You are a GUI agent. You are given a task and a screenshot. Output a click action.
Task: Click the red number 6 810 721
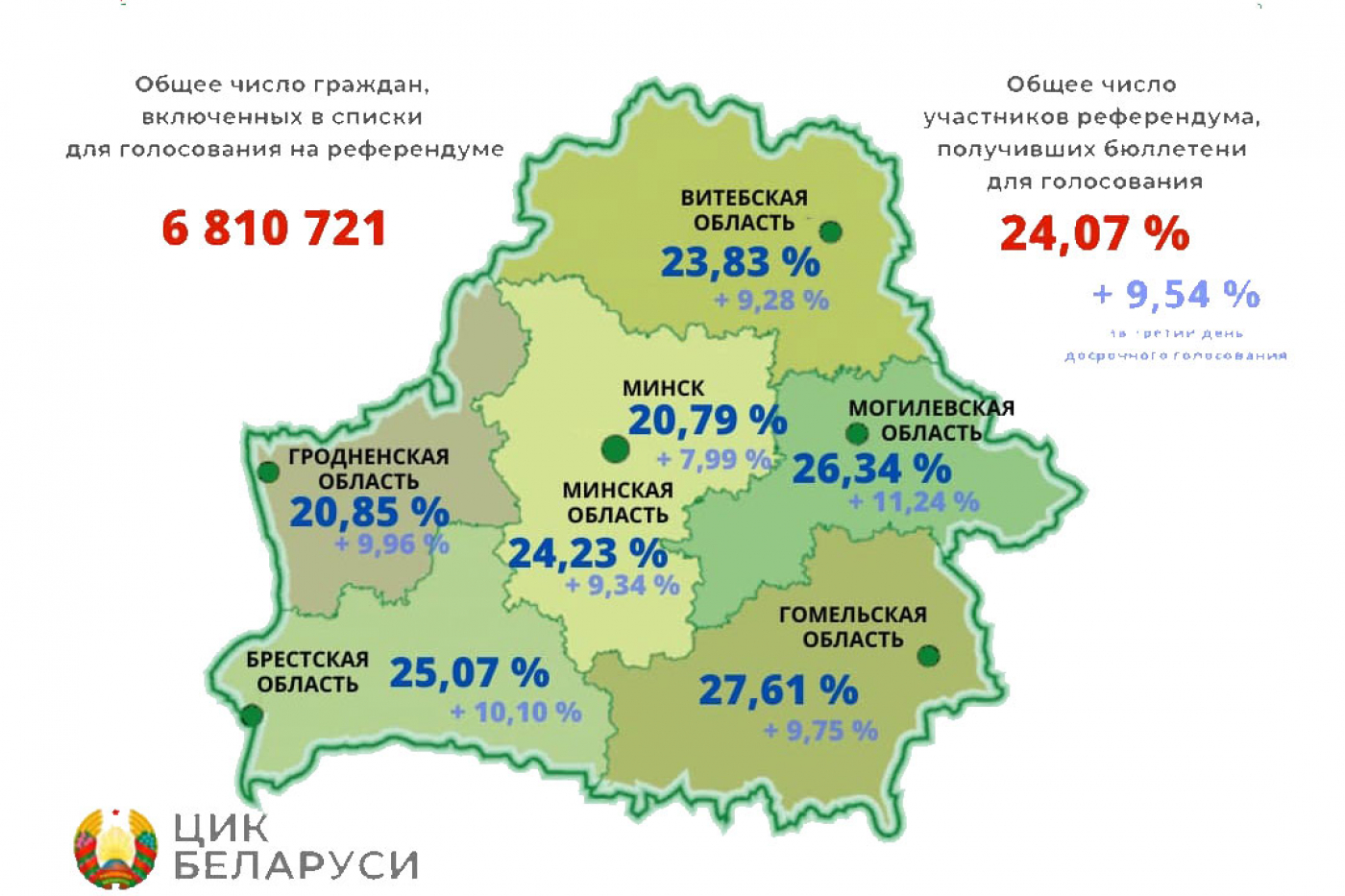[x=274, y=229]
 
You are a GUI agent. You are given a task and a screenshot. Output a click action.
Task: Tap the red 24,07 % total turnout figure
[x=1094, y=233]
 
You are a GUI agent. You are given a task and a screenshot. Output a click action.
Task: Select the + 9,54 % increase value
[x=1176, y=294]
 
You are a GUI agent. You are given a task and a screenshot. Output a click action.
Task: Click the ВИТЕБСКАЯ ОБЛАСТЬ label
[x=745, y=210]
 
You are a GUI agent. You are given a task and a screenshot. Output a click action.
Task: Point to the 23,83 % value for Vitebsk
[x=740, y=262]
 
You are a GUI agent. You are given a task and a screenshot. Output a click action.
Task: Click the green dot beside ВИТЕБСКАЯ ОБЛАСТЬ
[x=831, y=231]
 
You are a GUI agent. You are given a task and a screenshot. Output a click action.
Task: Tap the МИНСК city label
[x=663, y=388]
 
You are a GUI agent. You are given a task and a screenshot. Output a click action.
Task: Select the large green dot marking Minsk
[x=615, y=448]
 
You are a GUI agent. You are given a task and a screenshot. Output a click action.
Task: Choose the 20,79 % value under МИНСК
[x=707, y=421]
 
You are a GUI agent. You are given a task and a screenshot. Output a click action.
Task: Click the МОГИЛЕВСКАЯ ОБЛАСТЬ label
[x=931, y=421]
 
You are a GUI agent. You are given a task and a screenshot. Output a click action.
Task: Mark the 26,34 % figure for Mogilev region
[x=871, y=470]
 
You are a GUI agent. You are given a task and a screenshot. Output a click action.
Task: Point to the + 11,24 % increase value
[x=913, y=501]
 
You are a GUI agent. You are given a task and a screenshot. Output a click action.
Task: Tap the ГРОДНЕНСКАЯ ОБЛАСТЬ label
[x=369, y=469]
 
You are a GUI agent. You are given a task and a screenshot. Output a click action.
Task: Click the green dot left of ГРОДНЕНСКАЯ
[x=268, y=472]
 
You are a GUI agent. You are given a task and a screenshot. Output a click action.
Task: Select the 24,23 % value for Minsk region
[x=587, y=554]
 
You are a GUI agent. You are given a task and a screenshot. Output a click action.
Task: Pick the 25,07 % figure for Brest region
[x=469, y=673]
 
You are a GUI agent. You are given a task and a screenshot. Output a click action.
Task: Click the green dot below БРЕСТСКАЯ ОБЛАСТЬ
[x=253, y=715]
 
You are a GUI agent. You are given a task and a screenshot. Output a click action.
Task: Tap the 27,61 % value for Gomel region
[x=777, y=690]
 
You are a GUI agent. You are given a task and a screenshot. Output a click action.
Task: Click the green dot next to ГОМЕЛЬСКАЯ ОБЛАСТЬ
[x=928, y=656]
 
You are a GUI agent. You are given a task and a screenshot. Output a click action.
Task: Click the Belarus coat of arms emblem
[x=115, y=848]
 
